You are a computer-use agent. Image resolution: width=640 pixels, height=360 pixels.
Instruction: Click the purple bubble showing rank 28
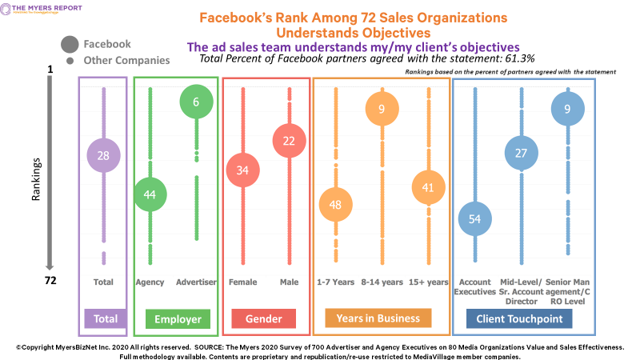pos(103,156)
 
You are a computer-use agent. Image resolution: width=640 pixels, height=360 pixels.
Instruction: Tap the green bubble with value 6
pos(196,102)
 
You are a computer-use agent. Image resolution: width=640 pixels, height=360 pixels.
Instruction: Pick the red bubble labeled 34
pos(243,170)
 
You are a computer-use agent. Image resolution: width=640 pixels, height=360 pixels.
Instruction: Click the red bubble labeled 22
pos(290,142)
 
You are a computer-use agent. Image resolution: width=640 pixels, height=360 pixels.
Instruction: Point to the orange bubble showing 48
pos(336,204)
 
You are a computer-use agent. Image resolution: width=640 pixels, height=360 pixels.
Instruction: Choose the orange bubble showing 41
pos(429,188)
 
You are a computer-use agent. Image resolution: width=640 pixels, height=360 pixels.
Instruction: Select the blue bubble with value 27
pos(521,154)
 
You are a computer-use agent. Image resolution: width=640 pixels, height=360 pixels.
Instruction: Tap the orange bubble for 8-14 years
pos(382,109)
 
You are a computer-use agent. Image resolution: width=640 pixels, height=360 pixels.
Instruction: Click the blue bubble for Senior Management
pos(567,109)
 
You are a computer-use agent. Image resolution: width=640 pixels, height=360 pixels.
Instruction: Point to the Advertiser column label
pos(196,282)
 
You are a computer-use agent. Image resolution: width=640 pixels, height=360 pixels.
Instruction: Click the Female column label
pos(243,282)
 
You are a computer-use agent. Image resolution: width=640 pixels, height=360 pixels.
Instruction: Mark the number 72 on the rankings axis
pos(50,282)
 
